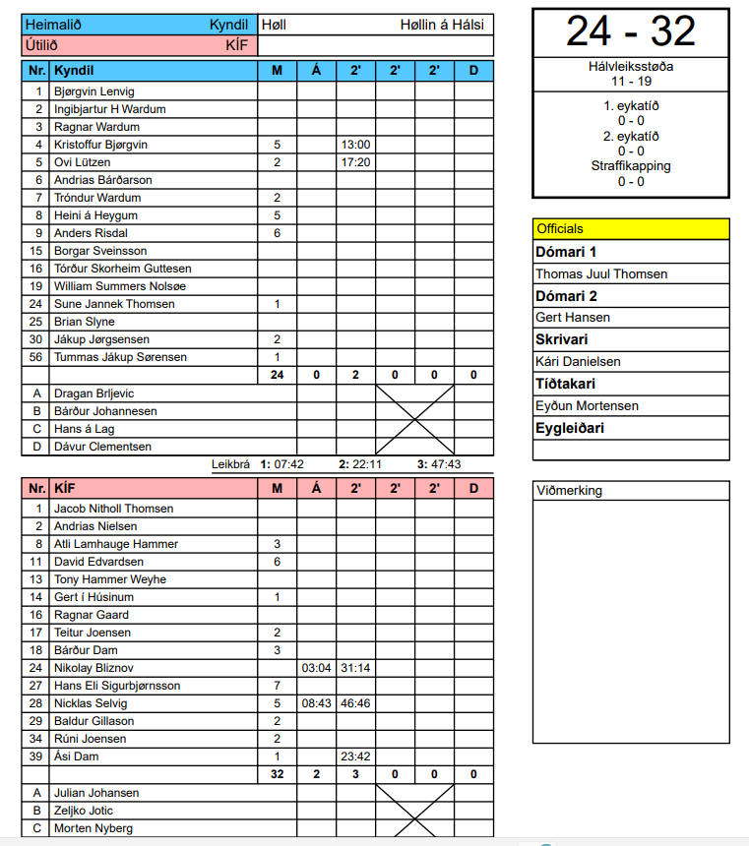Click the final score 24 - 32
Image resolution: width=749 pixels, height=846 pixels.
tap(630, 32)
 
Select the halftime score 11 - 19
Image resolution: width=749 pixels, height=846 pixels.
tap(631, 82)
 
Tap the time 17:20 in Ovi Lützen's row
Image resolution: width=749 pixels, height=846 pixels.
tap(355, 162)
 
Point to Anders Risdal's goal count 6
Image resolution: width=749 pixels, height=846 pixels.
tap(277, 233)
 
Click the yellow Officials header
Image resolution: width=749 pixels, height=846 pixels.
tap(631, 229)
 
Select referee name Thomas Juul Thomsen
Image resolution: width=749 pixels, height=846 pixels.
tap(601, 274)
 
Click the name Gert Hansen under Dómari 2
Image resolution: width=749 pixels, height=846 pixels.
tap(573, 318)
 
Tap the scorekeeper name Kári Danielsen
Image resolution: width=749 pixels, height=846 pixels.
tap(578, 362)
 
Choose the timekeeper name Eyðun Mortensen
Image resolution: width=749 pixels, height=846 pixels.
tap(587, 406)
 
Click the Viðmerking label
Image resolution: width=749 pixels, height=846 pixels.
tap(570, 491)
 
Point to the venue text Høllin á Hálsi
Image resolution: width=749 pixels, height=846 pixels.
tap(442, 25)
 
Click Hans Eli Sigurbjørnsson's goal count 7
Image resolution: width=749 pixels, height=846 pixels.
tap(277, 686)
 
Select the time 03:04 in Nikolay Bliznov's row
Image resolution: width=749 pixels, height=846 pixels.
tap(316, 668)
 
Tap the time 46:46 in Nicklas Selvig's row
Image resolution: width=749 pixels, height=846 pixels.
tap(355, 703)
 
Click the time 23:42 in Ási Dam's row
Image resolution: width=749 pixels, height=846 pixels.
tap(355, 756)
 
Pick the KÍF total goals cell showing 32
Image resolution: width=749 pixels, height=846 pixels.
tap(277, 774)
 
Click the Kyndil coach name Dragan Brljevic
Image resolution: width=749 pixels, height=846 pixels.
tap(94, 393)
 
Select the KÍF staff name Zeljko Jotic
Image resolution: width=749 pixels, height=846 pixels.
tap(86, 811)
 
